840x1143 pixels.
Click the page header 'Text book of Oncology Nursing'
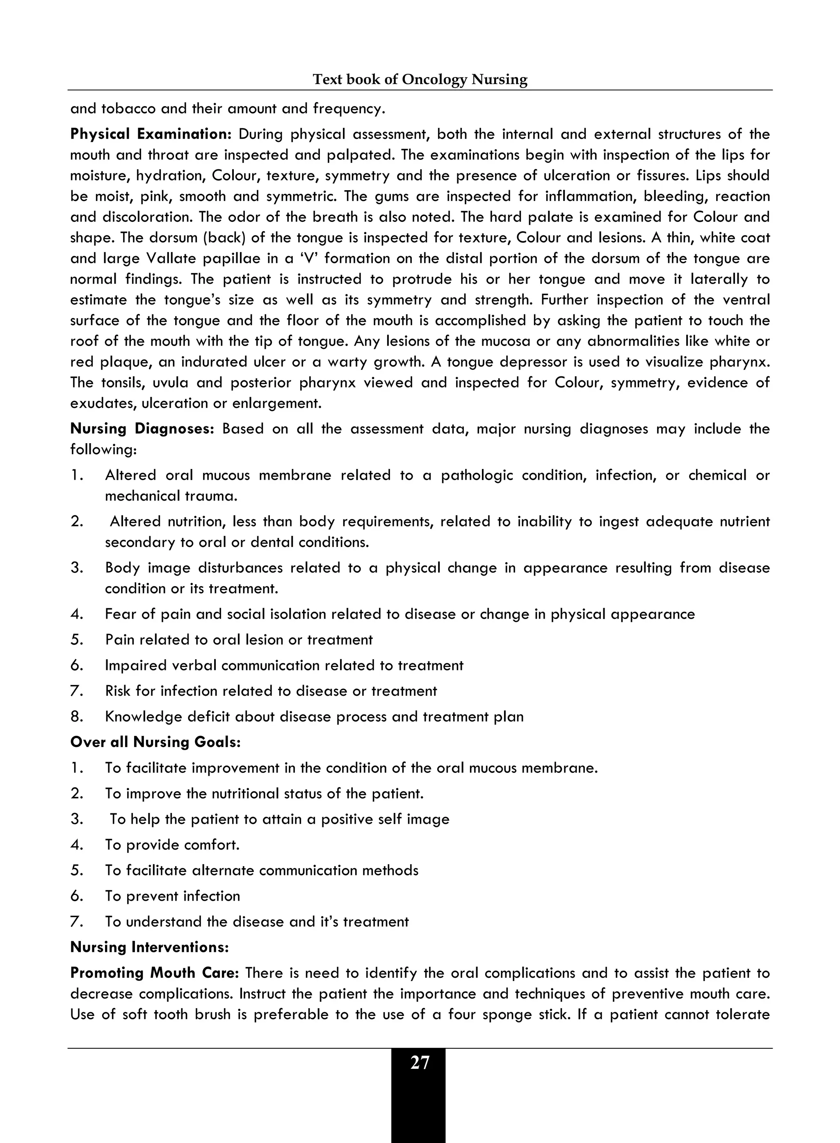click(x=420, y=79)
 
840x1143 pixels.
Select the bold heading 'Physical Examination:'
click(x=151, y=134)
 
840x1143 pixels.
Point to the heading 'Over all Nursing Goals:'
click(x=155, y=742)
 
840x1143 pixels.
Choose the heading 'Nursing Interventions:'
click(x=149, y=947)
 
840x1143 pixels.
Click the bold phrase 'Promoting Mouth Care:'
click(x=154, y=973)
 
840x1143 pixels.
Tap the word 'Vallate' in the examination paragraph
click(x=171, y=259)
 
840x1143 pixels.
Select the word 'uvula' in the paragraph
click(x=169, y=383)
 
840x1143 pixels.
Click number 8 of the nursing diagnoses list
click(x=77, y=717)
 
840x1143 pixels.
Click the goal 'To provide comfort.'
click(x=172, y=845)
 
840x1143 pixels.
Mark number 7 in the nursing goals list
click(x=77, y=922)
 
